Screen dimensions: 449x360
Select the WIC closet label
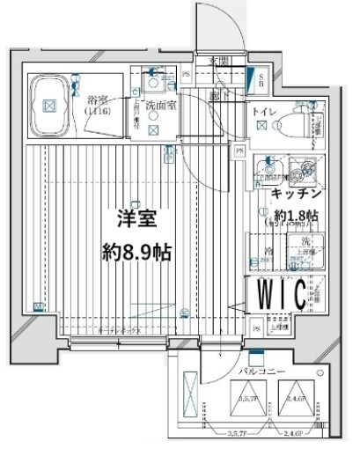coord(281,292)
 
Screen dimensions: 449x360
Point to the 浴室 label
coord(96,102)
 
